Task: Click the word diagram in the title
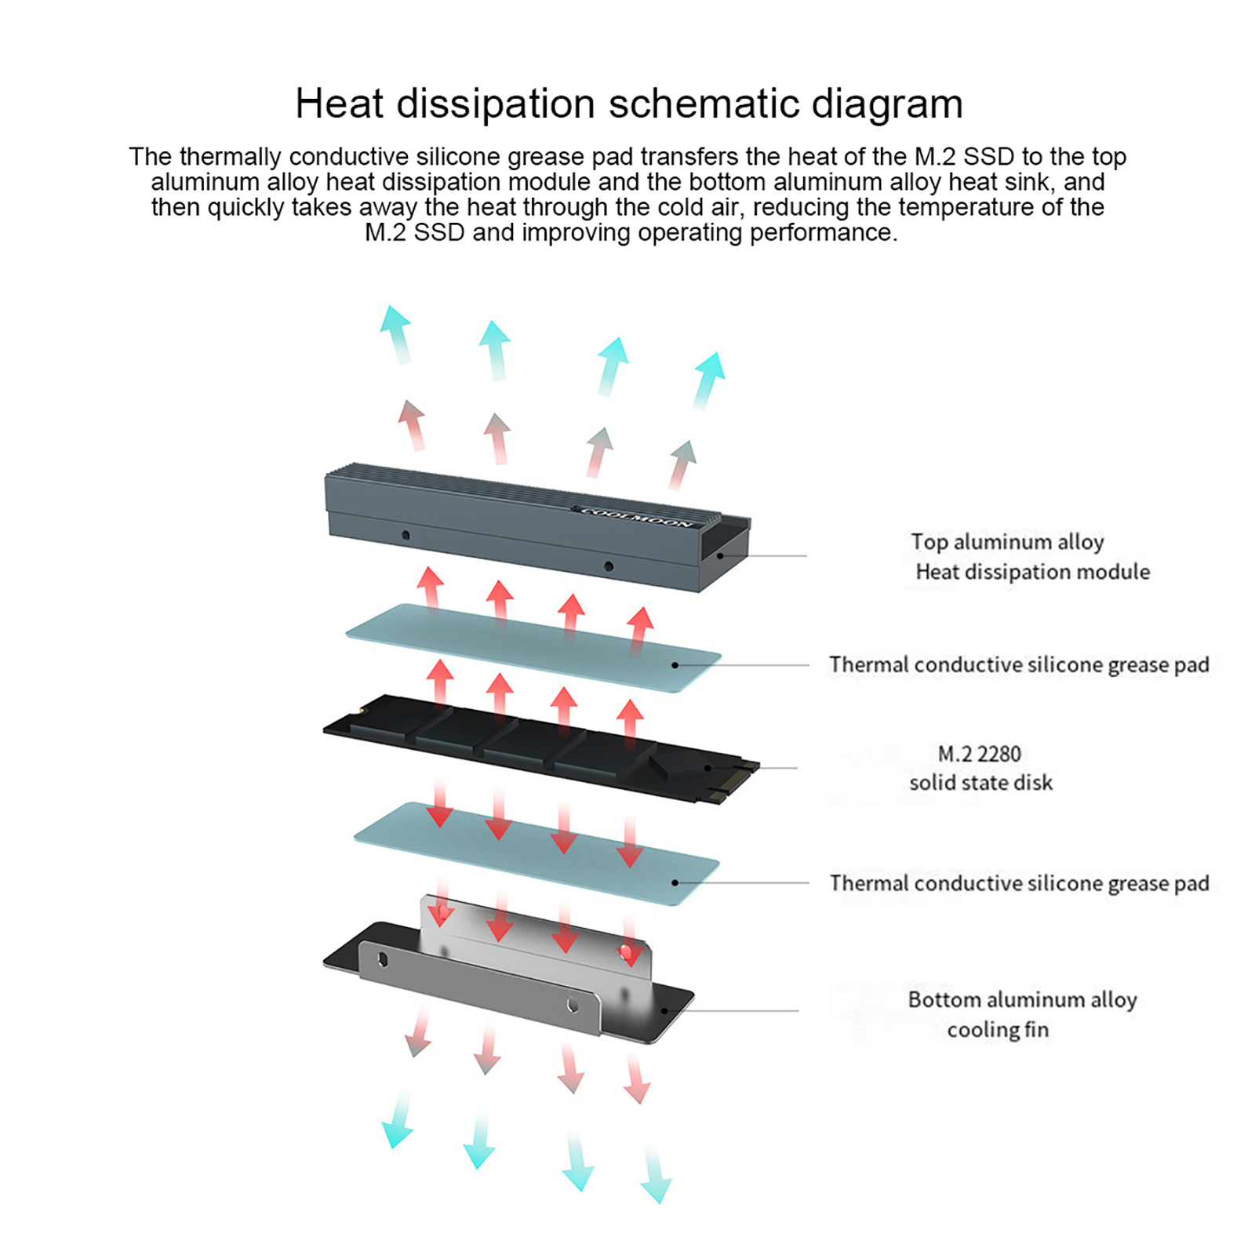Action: pos(886,104)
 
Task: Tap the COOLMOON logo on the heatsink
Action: pos(637,518)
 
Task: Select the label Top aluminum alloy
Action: pos(1007,542)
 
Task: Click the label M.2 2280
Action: pos(980,754)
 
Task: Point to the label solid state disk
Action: pos(980,783)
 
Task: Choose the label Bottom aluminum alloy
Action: pos(1022,1000)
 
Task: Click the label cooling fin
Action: pos(998,1030)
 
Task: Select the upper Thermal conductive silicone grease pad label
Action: pos(1019,665)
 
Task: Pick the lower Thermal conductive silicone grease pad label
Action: pos(1019,884)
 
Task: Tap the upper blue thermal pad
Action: pos(533,647)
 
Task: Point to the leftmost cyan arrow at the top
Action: pos(396,333)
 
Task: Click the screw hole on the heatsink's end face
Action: pos(720,556)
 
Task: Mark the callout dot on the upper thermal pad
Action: pos(675,665)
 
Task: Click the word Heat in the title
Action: pos(340,104)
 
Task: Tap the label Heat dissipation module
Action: pos(1032,572)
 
